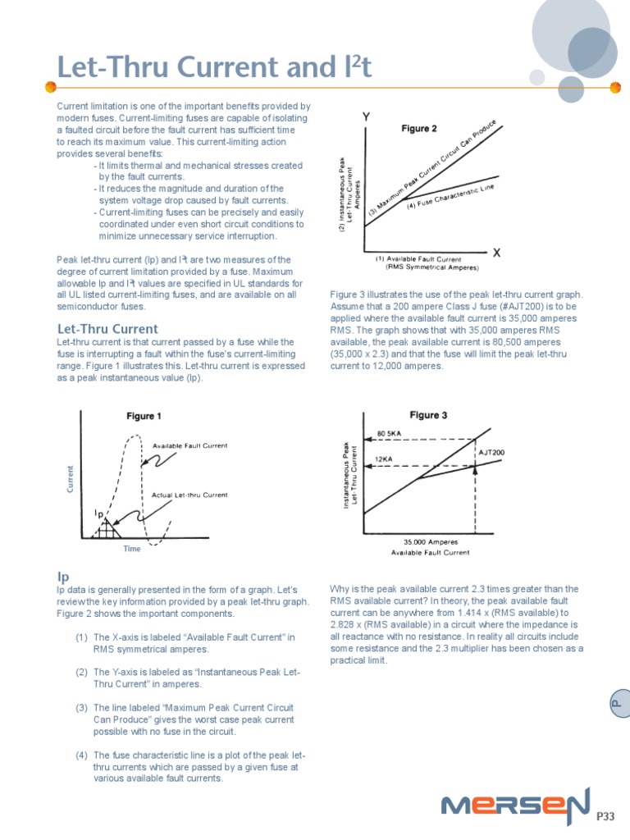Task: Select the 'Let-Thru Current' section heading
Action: click(x=107, y=329)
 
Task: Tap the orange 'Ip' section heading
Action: click(x=62, y=577)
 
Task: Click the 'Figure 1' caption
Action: click(x=144, y=417)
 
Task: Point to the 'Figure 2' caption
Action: click(x=418, y=129)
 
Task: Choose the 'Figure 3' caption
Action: click(x=428, y=415)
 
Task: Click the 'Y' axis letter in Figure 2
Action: click(x=365, y=118)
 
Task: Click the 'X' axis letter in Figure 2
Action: click(x=496, y=253)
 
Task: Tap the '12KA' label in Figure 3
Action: click(x=386, y=459)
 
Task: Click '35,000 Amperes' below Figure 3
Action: click(x=431, y=541)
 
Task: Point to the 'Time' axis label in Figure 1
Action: click(x=132, y=549)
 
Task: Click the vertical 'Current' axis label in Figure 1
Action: click(x=70, y=479)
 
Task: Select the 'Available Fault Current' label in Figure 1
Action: click(x=189, y=446)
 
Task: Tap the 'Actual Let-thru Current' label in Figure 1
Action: click(x=189, y=495)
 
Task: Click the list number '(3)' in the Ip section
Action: click(x=81, y=707)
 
